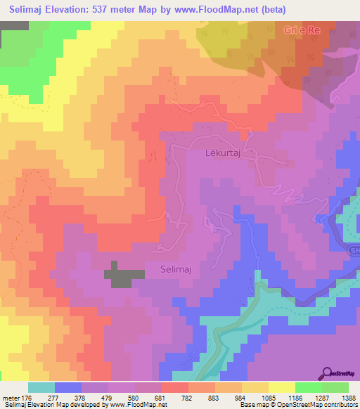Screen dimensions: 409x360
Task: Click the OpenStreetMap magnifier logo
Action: (x=328, y=373)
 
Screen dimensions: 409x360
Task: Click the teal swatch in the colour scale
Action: (x=42, y=387)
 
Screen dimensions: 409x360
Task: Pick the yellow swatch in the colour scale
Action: (x=282, y=387)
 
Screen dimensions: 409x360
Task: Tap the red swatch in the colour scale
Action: (x=175, y=387)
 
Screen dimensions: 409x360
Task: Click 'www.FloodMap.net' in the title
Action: (x=219, y=9)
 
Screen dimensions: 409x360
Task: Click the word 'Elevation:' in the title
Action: (x=75, y=9)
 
